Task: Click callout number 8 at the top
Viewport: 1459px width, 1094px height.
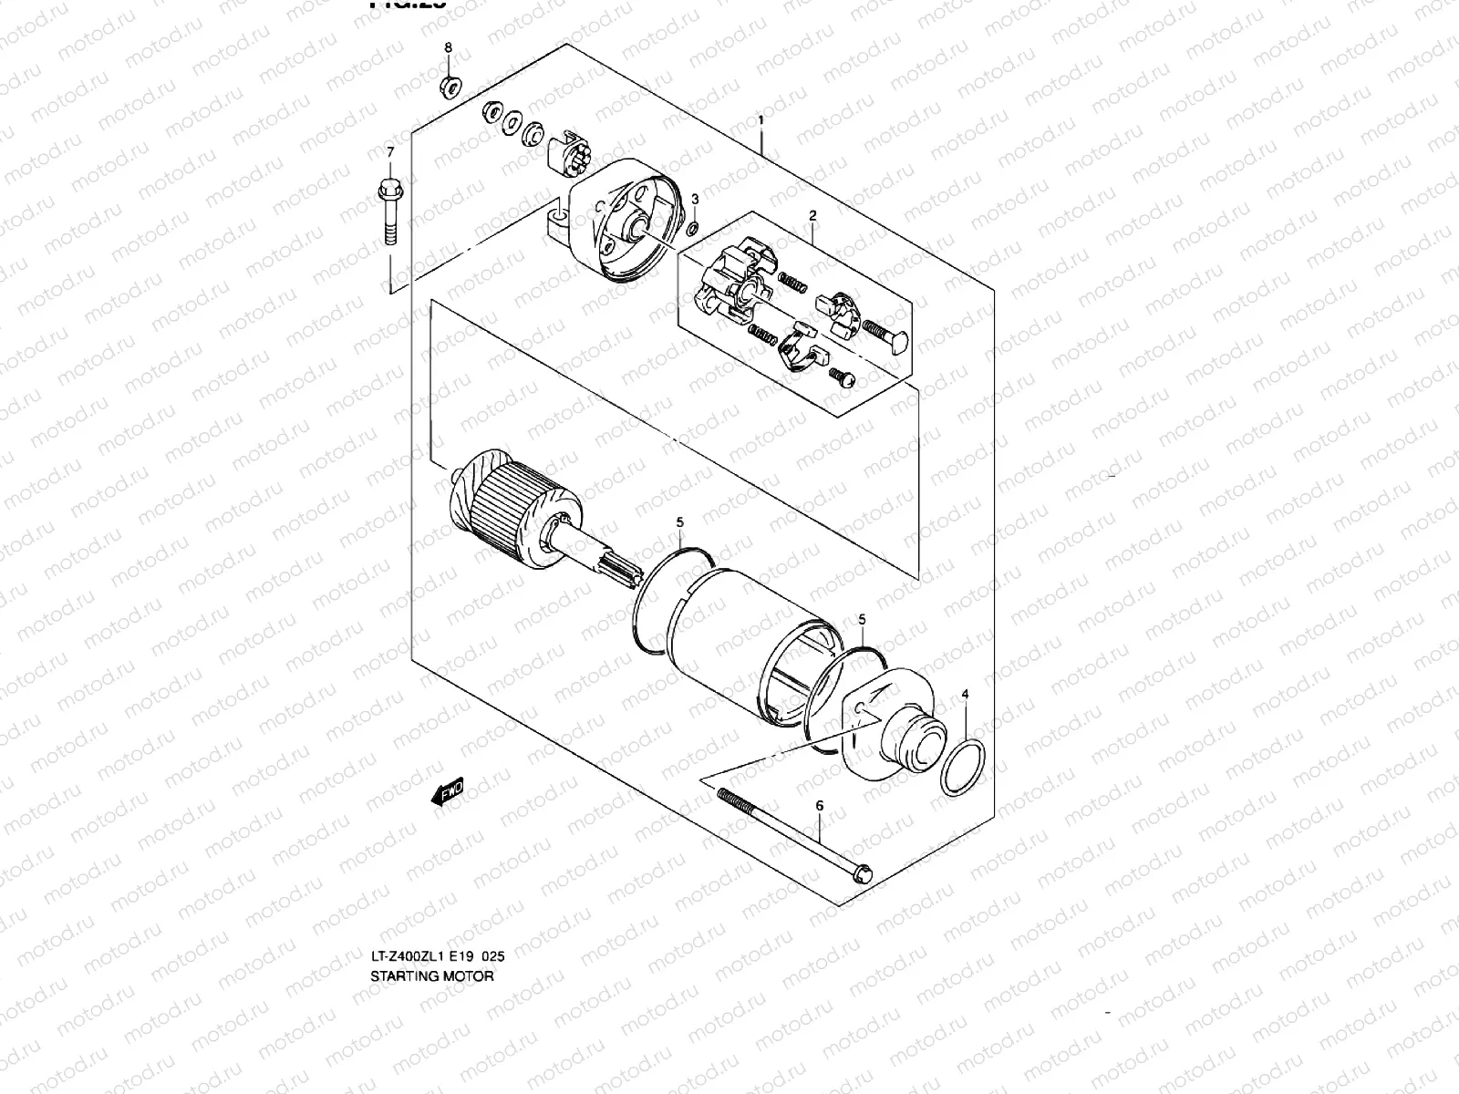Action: [448, 46]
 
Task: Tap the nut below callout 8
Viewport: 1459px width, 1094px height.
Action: [450, 88]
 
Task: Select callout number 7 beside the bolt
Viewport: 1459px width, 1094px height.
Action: [390, 151]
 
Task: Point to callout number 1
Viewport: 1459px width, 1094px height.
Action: [761, 120]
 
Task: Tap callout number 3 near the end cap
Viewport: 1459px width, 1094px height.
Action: [695, 199]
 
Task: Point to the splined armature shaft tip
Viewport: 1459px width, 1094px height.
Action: [616, 577]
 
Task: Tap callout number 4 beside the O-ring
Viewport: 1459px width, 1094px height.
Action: [966, 695]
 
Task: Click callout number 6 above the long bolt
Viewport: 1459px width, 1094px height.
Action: [819, 806]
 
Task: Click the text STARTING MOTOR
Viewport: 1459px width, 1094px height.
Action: [431, 976]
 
